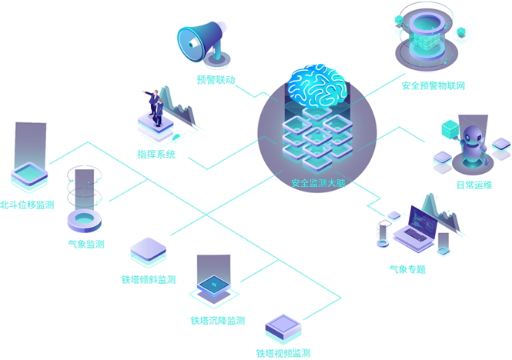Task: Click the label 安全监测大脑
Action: [315, 184]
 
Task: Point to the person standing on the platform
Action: [157, 110]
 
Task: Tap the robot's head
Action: [470, 138]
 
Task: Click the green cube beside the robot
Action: [448, 125]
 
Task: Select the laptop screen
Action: [422, 220]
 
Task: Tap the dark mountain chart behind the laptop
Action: [447, 219]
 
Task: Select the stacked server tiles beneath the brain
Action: [316, 138]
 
